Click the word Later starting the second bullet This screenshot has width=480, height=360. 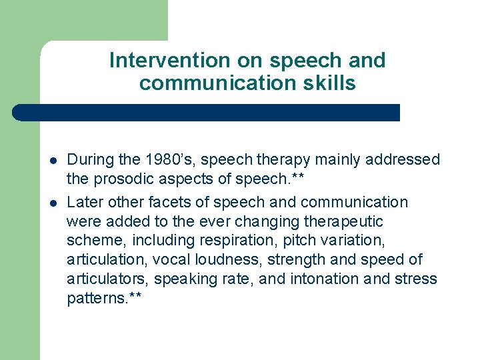[x=84, y=202]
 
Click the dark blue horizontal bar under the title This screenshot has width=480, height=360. [x=207, y=113]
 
